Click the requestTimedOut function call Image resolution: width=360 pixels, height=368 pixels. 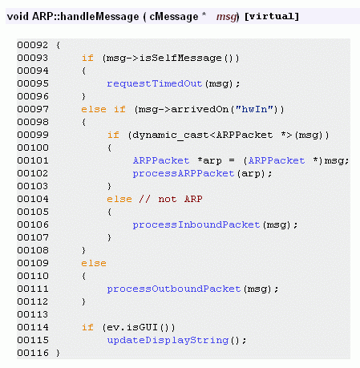pos(155,83)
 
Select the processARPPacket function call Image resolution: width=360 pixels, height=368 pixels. pos(184,173)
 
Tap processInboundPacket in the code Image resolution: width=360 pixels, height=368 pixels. pos(196,224)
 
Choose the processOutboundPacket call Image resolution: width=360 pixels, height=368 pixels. pos(174,289)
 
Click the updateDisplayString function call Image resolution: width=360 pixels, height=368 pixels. pos(168,340)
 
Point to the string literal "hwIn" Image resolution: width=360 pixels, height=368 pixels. pos(254,109)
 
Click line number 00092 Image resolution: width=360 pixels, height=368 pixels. pos(33,45)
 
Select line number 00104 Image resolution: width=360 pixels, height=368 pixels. pos(33,199)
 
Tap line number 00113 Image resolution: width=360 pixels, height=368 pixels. pos(33,314)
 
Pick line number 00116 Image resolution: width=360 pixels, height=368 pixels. pos(33,353)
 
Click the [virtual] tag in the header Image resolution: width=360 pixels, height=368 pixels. pos(272,16)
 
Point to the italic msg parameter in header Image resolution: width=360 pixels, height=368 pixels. pos(227,17)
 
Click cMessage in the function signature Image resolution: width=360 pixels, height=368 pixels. pos(174,16)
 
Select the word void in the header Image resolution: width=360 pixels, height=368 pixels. pos(18,16)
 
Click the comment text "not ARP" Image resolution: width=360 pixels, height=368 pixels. pos(180,199)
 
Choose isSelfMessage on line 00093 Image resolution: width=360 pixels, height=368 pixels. pos(180,58)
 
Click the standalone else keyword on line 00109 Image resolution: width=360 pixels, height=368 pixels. pos(94,263)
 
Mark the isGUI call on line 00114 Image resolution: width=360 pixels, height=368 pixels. pos(143,327)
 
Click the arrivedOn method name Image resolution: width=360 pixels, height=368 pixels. pos(200,109)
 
